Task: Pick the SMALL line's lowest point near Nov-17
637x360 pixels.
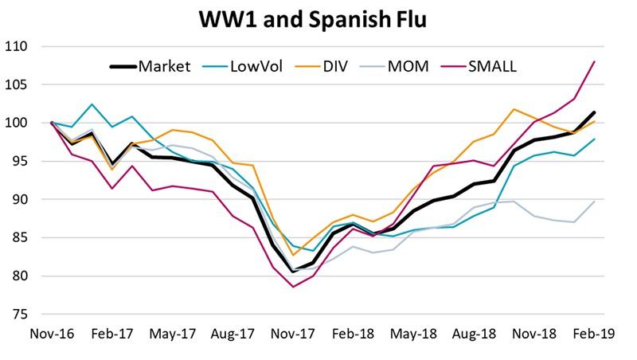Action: [293, 287]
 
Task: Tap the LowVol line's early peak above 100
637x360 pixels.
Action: [92, 104]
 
